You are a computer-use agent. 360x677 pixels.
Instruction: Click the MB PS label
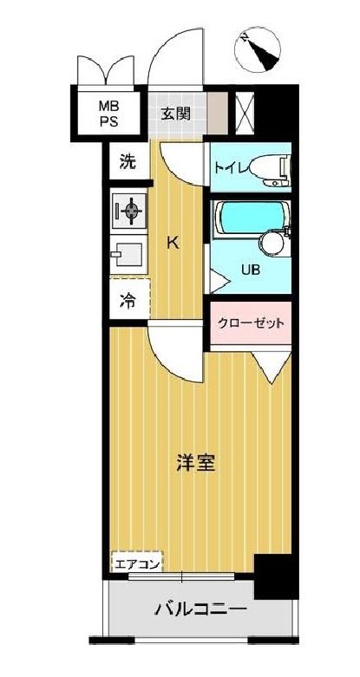point(108,112)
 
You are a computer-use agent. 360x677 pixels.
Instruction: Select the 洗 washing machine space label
point(128,160)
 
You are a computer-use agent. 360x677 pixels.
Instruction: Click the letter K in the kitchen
point(173,244)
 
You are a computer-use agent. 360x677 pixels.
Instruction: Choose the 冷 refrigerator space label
point(128,302)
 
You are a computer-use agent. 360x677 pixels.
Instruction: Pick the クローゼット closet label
point(249,322)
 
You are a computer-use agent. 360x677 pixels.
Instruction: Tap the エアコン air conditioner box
point(136,564)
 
